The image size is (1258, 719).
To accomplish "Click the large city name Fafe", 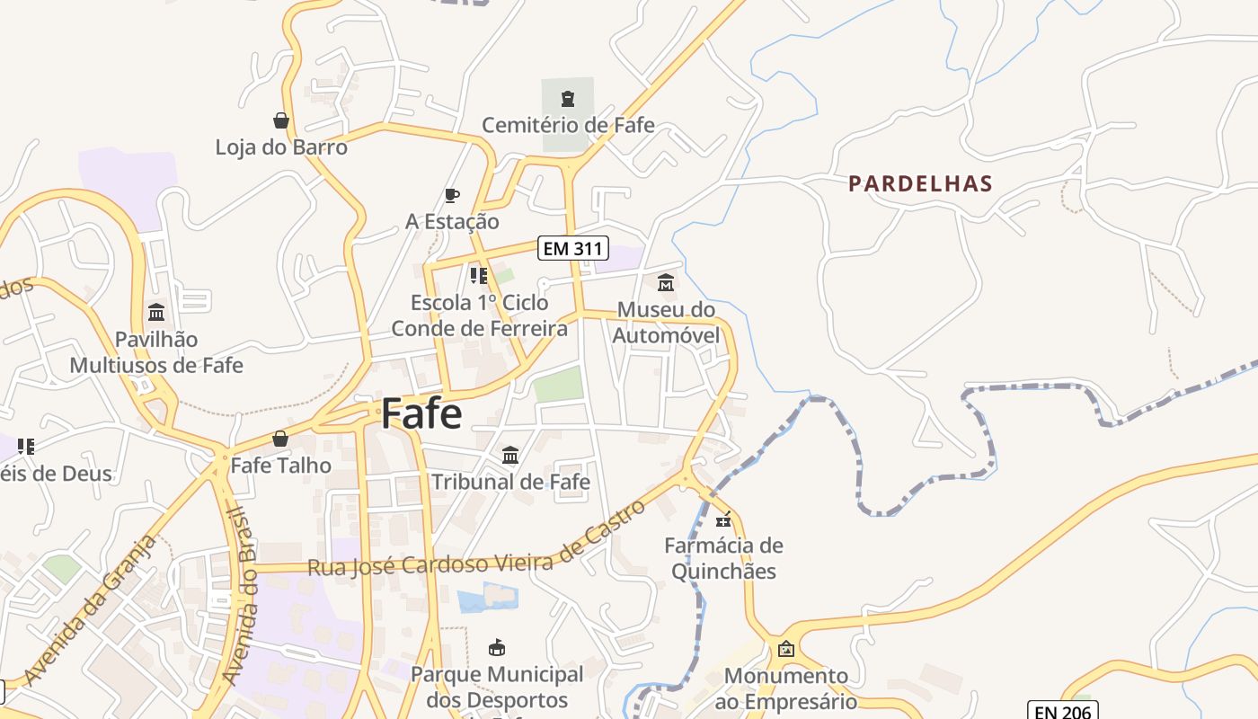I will (421, 413).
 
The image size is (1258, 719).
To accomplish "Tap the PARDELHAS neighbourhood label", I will (920, 184).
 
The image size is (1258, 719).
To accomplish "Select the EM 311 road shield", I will (573, 248).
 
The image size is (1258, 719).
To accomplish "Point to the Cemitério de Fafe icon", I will (568, 98).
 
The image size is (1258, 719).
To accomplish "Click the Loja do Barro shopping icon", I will (281, 120).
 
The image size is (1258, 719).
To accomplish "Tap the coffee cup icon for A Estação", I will (452, 195).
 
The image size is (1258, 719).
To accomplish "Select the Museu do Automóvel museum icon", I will (666, 283).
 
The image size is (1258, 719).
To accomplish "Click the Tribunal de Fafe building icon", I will (510, 455).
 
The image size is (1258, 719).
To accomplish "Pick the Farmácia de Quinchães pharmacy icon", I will (723, 519).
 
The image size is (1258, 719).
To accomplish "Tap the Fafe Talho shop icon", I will (280, 439).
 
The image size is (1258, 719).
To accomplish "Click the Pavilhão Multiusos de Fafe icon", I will (156, 313).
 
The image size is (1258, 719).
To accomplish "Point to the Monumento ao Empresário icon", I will (786, 648).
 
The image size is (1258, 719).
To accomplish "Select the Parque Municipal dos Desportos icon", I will (496, 647).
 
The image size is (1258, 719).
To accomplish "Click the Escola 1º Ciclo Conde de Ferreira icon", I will (479, 276).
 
